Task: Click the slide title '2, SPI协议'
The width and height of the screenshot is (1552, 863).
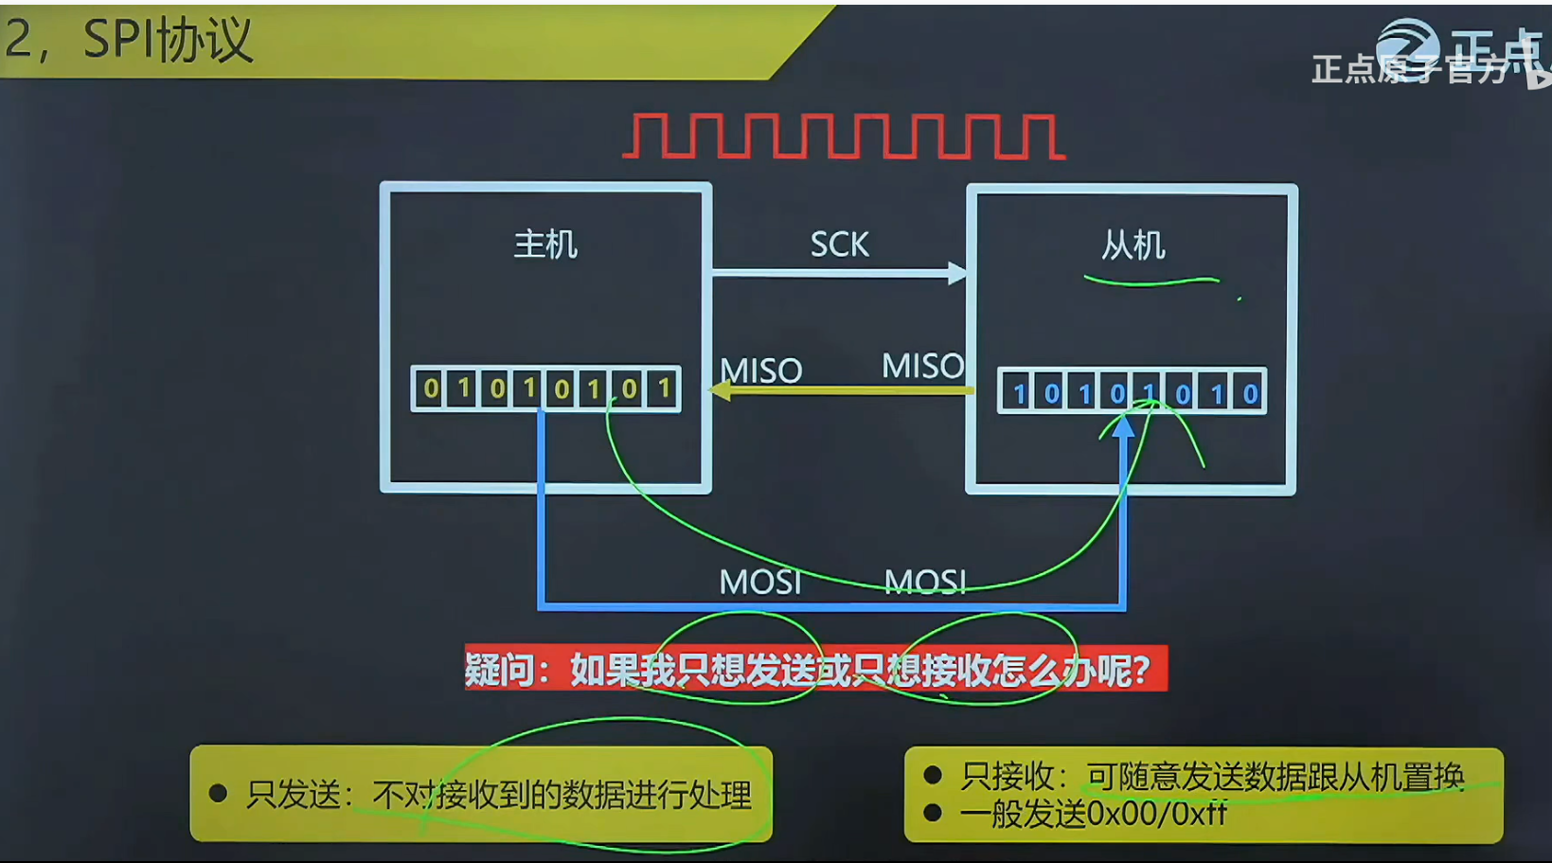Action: coord(129,41)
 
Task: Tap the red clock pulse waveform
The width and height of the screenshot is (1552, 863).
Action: coord(844,136)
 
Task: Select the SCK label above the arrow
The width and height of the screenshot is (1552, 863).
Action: coord(839,245)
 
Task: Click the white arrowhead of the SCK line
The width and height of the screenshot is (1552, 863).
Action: coord(956,274)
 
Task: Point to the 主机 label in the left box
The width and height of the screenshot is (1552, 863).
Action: coord(545,244)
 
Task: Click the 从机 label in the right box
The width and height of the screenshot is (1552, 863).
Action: coord(1133,245)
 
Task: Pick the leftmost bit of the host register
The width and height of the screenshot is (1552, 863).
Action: coord(431,388)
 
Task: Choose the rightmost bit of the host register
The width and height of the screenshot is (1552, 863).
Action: coord(664,388)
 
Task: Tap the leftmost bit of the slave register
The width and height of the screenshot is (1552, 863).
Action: coord(1019,393)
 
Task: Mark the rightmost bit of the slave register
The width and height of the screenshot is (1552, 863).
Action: coord(1250,393)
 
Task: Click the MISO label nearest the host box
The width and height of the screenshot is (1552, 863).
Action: coord(760,370)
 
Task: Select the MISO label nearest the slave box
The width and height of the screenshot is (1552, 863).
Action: coord(922,366)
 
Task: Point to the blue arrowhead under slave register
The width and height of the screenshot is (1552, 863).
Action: coord(1124,427)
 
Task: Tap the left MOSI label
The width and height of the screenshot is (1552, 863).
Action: coord(759,582)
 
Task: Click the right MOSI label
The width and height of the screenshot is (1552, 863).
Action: coord(925,582)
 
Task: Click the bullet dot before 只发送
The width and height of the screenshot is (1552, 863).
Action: coord(219,793)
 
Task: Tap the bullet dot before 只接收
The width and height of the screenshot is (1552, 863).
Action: coord(933,776)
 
